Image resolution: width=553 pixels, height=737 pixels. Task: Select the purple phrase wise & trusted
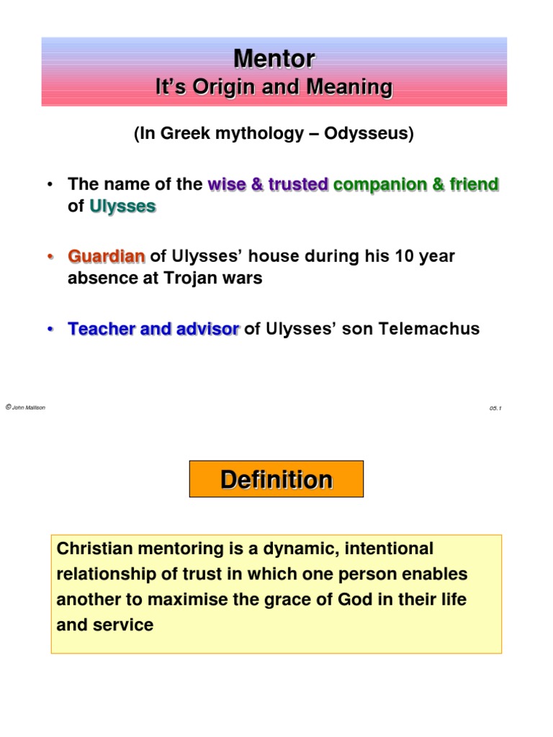pos(268,185)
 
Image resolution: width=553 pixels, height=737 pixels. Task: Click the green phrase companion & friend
pos(416,185)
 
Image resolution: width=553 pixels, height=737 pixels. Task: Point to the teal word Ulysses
pos(122,207)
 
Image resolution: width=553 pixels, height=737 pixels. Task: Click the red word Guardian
pos(107,256)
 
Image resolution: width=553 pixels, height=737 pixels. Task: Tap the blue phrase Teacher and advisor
pos(153,329)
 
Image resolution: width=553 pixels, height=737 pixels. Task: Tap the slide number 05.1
pos(495,408)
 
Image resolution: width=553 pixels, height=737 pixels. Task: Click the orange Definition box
pos(276,479)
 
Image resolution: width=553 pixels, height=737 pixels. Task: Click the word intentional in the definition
pos(390,549)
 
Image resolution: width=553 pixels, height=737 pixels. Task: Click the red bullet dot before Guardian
pos(50,257)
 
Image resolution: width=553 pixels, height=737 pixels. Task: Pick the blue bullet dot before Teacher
pos(50,330)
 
